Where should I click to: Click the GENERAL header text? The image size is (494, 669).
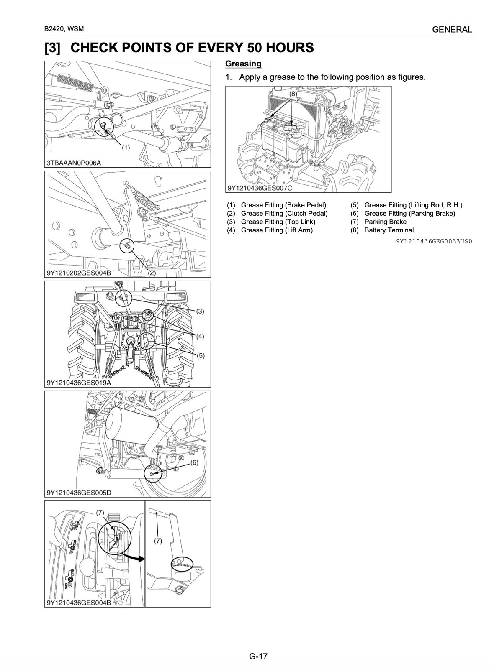452,30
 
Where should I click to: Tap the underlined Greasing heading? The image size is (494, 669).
243,64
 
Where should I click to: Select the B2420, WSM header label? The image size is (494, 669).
64,29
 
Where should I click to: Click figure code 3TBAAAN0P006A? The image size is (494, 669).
74,163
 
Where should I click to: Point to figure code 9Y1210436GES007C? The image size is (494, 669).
260,188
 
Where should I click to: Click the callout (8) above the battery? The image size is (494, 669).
293,94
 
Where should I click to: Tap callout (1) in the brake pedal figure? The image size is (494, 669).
126,147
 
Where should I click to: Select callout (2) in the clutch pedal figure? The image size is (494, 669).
152,273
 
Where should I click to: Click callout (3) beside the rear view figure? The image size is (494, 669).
200,311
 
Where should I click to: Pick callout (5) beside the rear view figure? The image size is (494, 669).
200,355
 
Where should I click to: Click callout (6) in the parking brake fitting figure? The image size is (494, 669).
194,462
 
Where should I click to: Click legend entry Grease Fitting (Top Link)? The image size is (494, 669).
278,222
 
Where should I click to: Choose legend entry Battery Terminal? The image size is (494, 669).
389,230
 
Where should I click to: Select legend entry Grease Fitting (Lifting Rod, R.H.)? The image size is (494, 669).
413,205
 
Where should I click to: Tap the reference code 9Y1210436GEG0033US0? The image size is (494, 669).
434,241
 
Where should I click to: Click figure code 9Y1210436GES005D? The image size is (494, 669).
79,492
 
